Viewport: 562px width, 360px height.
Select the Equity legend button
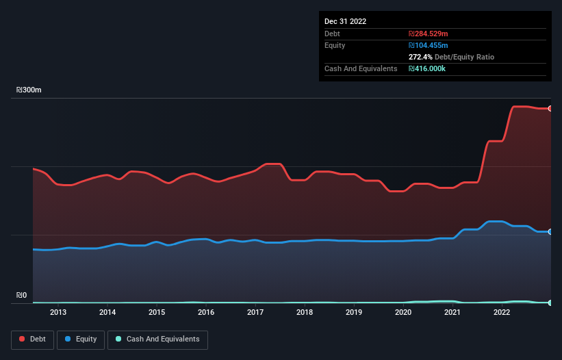81,339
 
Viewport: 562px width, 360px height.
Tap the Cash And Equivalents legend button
157,339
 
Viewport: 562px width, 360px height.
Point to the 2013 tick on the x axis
58,313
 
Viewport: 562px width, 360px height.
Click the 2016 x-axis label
206,313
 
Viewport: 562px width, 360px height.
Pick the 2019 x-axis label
354,313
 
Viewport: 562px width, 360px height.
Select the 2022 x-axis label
502,313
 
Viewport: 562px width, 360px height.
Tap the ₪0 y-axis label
21,296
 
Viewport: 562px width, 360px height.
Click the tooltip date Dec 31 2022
346,21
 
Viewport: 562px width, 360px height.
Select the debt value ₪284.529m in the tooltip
429,34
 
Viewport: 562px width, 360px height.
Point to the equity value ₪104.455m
429,45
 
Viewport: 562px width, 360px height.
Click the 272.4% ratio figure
421,57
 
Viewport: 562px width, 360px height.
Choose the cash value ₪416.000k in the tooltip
429,69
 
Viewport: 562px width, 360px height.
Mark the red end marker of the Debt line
550,108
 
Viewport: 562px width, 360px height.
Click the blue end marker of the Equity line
550,231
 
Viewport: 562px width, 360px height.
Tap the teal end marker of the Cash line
550,303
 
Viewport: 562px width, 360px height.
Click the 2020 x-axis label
403,313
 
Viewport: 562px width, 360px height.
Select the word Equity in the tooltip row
335,45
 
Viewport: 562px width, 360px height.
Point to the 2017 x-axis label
255,313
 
